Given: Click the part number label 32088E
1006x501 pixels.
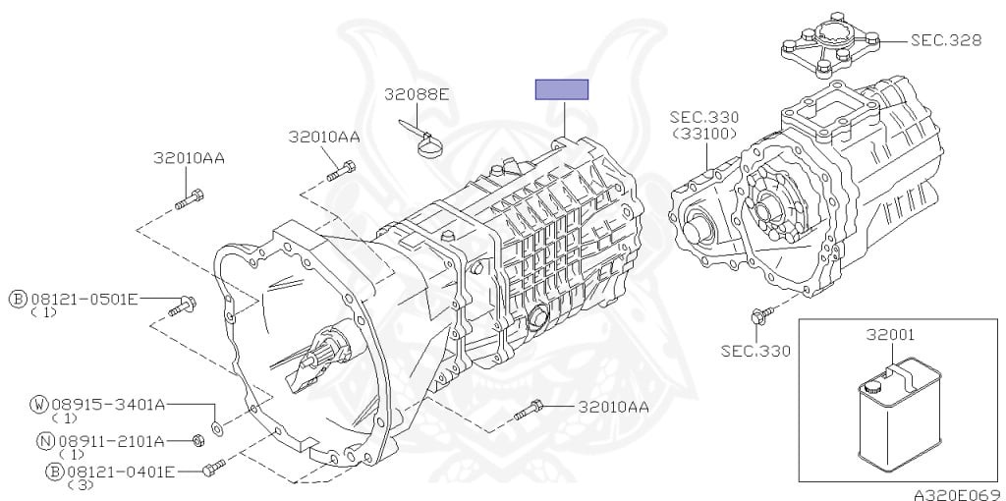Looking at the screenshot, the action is pos(417,95).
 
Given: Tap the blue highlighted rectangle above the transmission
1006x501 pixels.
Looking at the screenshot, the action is pos(562,89).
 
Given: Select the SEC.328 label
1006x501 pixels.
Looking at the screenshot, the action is pos(946,40).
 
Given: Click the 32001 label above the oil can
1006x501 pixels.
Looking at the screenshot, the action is pos(890,334).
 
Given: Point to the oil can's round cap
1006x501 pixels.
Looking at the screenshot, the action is pos(871,387).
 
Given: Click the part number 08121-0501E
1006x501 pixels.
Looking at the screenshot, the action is pos(84,299).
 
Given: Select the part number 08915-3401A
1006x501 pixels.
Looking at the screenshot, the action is pos(108,404).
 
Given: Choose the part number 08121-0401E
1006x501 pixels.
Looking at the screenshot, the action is pos(121,473).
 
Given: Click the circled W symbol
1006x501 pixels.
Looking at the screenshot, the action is pos(39,404).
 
